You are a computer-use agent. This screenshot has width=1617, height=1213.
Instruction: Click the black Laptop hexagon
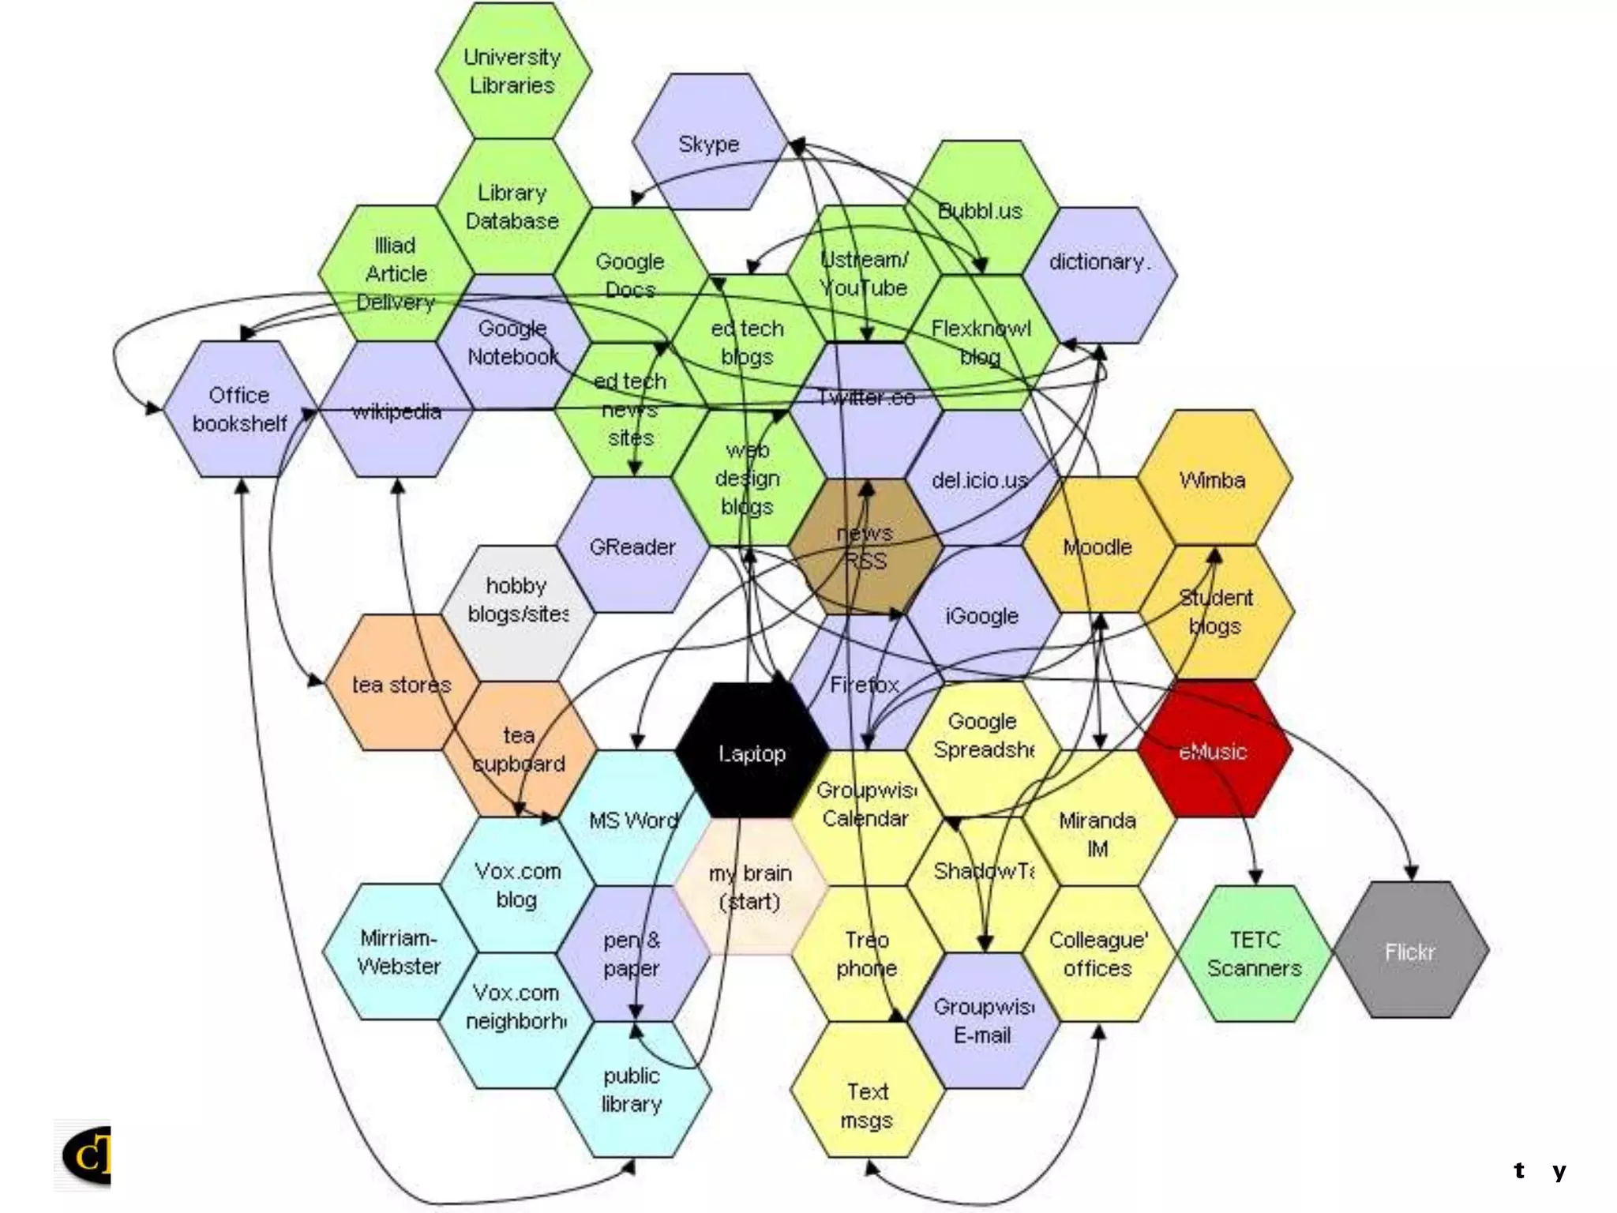tap(752, 750)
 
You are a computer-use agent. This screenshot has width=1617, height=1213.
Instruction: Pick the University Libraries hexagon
tap(512, 71)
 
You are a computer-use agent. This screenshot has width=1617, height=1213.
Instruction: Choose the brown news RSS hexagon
tap(865, 546)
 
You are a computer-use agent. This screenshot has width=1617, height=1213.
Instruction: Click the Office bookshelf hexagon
tap(239, 409)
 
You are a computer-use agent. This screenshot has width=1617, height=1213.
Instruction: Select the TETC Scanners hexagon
tap(1254, 953)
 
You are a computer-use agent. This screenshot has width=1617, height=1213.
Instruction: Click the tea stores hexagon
tap(401, 684)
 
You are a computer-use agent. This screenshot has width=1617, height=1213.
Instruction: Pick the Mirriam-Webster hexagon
tap(399, 952)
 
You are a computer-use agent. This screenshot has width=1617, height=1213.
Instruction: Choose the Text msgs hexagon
tap(867, 1106)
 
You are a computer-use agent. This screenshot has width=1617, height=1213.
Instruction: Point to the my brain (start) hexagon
tap(750, 887)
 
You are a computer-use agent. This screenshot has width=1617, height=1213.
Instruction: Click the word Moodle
tap(1097, 546)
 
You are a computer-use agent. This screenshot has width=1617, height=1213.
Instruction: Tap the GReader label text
tap(632, 546)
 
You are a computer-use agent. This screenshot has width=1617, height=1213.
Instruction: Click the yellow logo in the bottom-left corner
tap(85, 1155)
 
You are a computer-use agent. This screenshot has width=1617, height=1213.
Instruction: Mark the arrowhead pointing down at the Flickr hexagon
tap(1411, 873)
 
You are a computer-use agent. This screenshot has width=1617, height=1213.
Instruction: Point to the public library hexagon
tap(632, 1090)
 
